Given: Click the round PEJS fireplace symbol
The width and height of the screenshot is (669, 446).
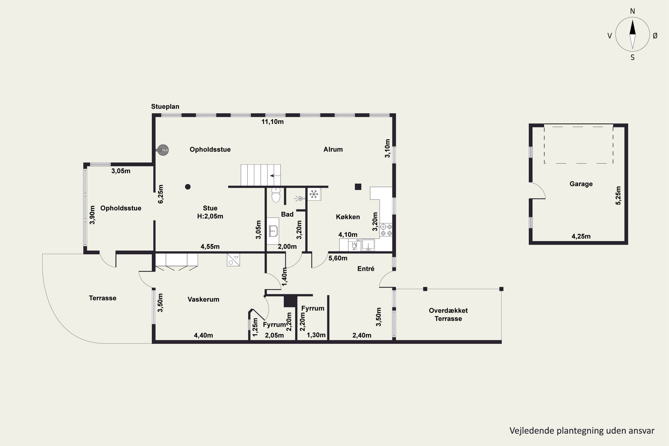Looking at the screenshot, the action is (x=163, y=150).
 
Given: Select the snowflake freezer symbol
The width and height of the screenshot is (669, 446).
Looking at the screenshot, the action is (x=314, y=194).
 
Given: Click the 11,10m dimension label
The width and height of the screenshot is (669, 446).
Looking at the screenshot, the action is (x=273, y=122).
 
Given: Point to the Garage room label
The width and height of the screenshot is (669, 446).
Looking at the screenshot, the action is (x=581, y=184).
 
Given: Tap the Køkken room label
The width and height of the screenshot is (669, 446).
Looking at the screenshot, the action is (x=348, y=217).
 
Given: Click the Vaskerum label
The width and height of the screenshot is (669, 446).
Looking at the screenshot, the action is (x=203, y=299).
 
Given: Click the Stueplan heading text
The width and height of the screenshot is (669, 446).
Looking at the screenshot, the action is (x=165, y=107).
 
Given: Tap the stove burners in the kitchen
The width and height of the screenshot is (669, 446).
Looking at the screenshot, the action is (x=386, y=230).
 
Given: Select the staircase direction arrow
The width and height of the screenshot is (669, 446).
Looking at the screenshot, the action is (x=275, y=176).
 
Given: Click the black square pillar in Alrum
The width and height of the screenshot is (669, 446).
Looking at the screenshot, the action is (x=358, y=187).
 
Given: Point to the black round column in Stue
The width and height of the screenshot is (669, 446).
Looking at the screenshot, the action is (x=188, y=187).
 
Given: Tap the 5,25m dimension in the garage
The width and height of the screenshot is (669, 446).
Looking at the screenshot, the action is (x=618, y=195).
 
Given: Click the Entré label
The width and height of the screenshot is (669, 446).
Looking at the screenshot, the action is (x=366, y=269).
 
